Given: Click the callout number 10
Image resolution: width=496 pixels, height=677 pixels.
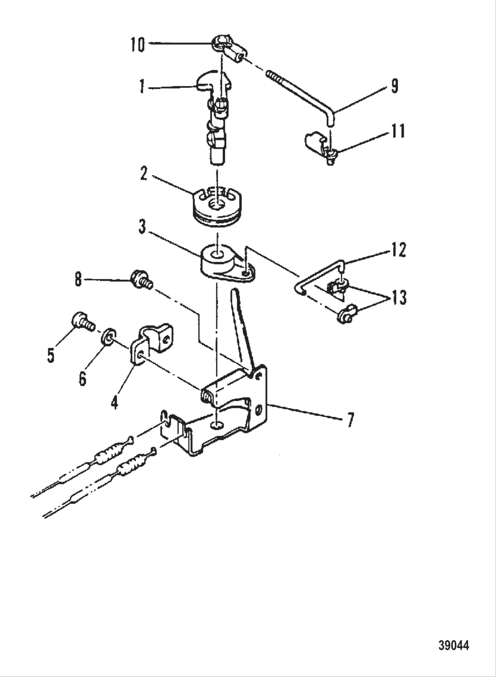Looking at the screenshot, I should pyautogui.click(x=138, y=44).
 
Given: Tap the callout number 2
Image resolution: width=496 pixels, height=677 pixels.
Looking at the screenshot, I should pyautogui.click(x=143, y=174).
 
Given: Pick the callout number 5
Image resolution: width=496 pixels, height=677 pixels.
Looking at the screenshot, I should pyautogui.click(x=51, y=355).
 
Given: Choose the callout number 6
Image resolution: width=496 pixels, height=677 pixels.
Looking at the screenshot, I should pyautogui.click(x=82, y=379).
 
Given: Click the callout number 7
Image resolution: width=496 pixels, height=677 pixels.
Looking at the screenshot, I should pyautogui.click(x=350, y=420).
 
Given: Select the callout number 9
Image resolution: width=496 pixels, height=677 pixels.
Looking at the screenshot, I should pyautogui.click(x=394, y=86).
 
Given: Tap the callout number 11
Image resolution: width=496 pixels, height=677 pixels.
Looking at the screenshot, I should pyautogui.click(x=398, y=131).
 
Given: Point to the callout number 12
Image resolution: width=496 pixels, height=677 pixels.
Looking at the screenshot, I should pyautogui.click(x=398, y=250).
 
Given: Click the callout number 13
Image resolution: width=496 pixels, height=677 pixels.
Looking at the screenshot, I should pyautogui.click(x=399, y=297).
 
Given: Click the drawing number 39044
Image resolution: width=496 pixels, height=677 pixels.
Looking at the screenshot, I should pyautogui.click(x=453, y=646).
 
